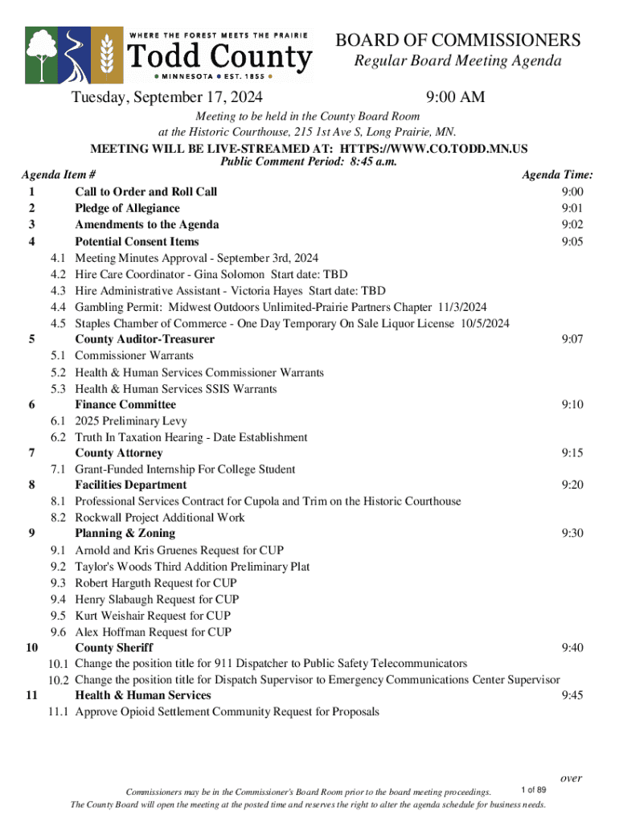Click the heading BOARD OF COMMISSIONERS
[457, 40]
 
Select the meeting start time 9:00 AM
[456, 98]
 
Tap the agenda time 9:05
[572, 241]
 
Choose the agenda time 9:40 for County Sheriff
[572, 647]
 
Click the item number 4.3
[58, 290]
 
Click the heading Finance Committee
[125, 404]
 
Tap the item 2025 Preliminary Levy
[131, 421]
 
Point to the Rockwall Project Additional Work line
[160, 518]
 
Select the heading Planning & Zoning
[125, 533]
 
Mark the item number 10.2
[58, 680]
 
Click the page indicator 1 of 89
[534, 790]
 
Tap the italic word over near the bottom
[572, 778]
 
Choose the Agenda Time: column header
[558, 174]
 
